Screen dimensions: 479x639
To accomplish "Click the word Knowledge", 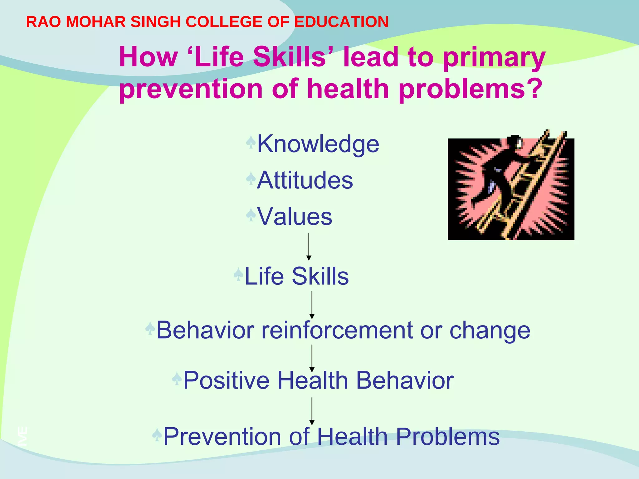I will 318,144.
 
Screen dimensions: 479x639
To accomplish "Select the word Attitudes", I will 305,180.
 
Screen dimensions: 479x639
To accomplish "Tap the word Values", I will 295,216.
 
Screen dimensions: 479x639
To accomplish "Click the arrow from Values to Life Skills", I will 309,246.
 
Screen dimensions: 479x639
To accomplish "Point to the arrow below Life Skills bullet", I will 312,305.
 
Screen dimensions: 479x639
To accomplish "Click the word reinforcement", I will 337,330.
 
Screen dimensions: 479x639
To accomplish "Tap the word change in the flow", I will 490,330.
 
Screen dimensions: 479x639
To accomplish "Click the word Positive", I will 226,380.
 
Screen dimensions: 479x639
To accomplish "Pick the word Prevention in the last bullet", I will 221,437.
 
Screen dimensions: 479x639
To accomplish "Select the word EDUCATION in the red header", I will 341,22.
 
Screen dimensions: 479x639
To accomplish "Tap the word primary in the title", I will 494,57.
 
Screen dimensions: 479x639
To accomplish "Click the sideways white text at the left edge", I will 22,436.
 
